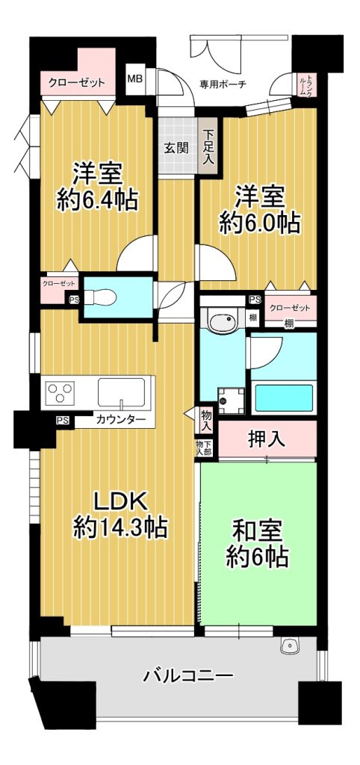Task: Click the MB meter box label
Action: click(x=134, y=78)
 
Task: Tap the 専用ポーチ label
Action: click(x=223, y=84)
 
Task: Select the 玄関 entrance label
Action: click(x=176, y=148)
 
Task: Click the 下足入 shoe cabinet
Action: click(x=208, y=146)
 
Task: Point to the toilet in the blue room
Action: click(x=102, y=296)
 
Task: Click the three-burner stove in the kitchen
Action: click(x=60, y=391)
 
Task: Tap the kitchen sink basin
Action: click(x=121, y=392)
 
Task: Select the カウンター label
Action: click(x=120, y=418)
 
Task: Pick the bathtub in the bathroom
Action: click(x=284, y=398)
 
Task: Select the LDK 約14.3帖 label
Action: click(x=120, y=514)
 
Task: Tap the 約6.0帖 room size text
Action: click(x=259, y=223)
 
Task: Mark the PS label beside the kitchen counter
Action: click(x=61, y=419)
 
